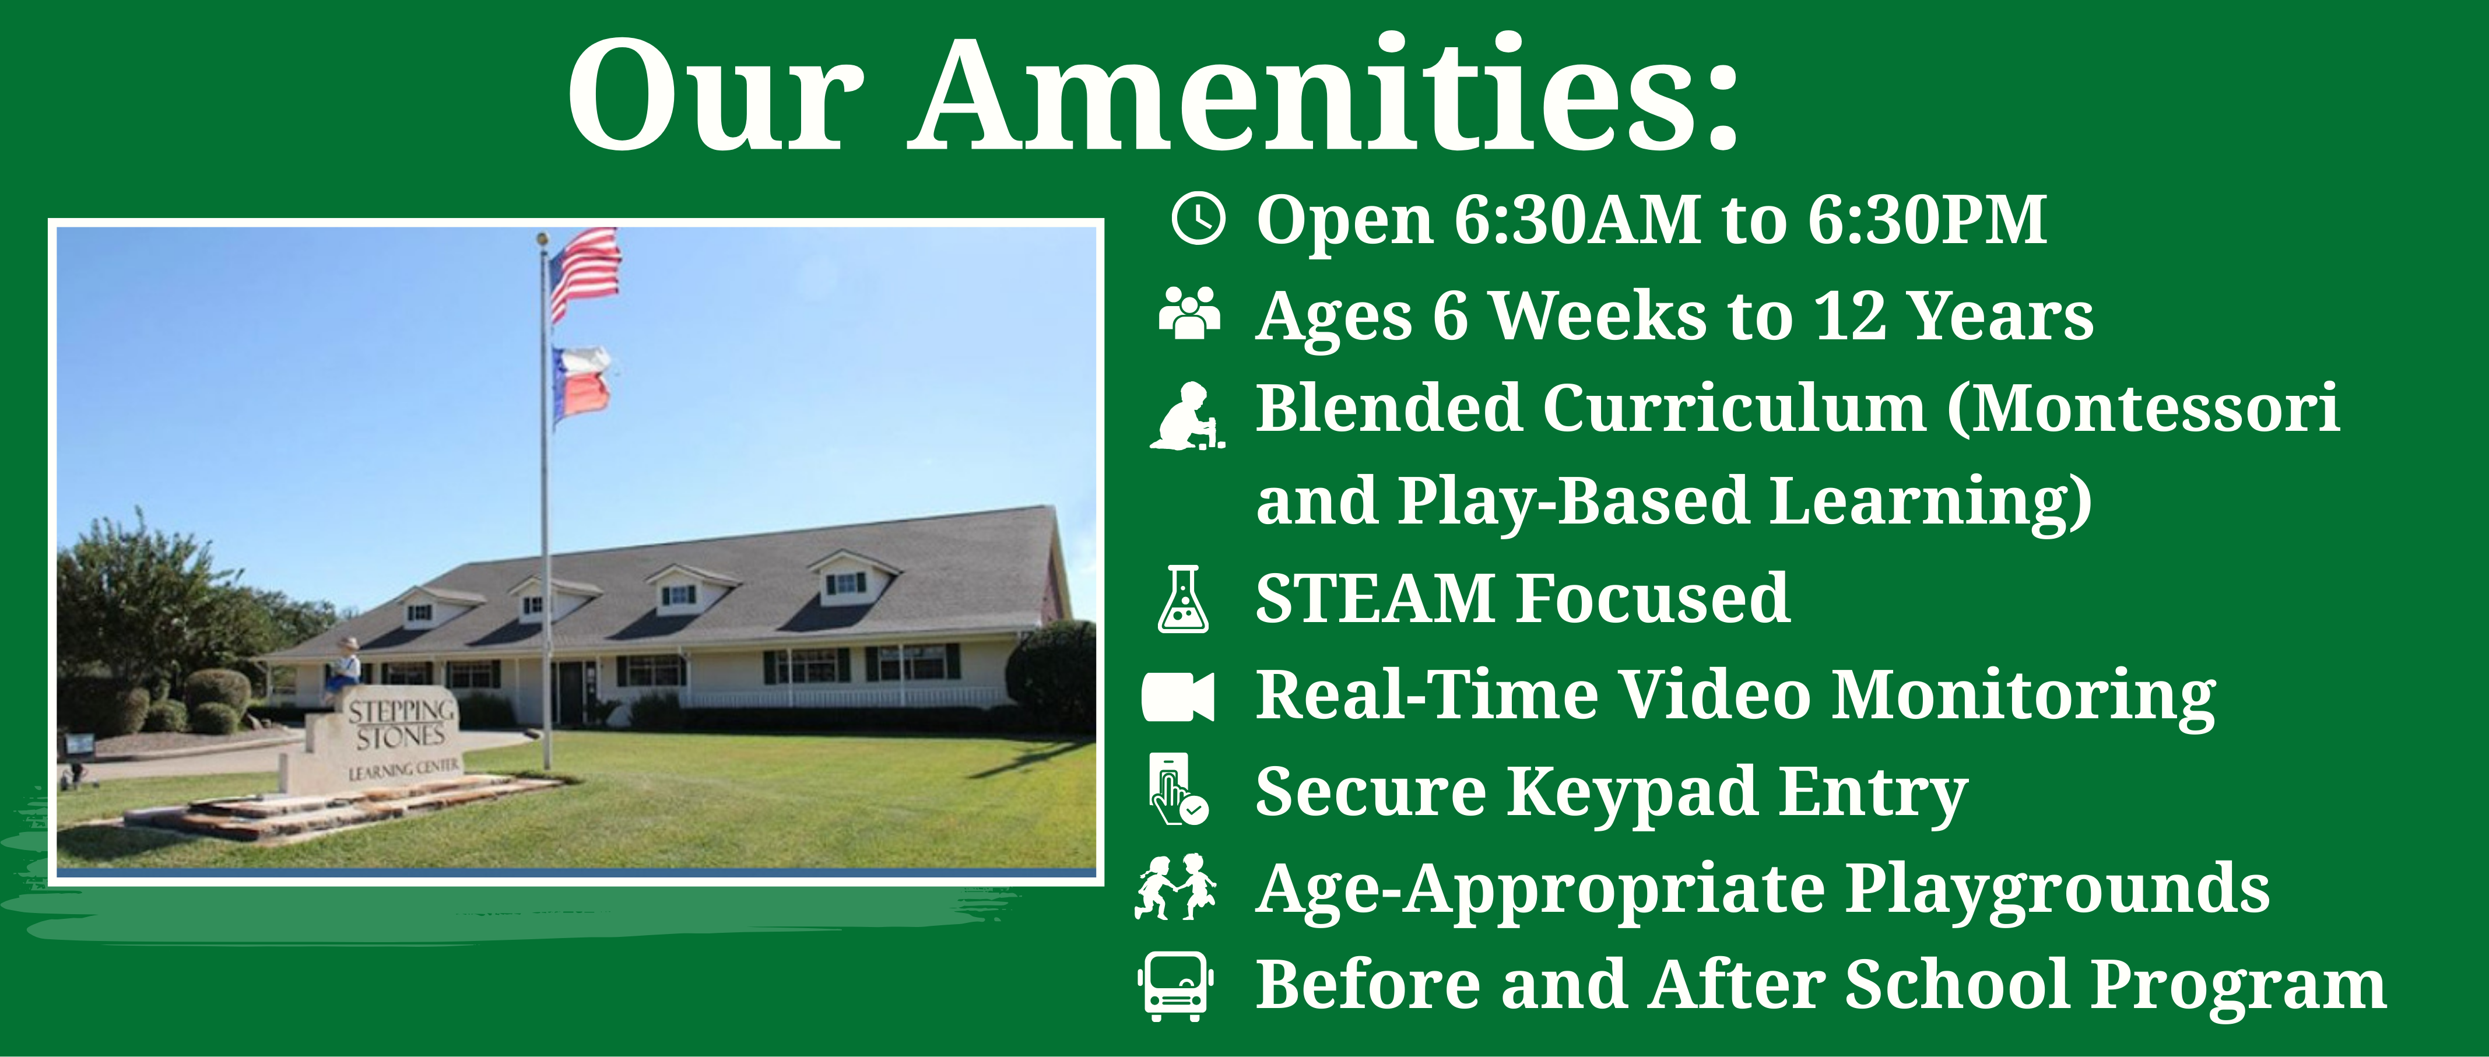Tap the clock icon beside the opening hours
(x=1198, y=219)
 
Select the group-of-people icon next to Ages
(x=1189, y=312)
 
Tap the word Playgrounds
(x=2056, y=890)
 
